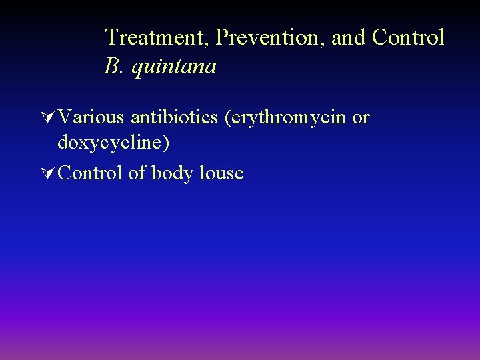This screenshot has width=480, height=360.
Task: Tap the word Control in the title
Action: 408,37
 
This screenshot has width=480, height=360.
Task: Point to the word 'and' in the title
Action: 349,37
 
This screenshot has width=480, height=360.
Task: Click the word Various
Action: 91,117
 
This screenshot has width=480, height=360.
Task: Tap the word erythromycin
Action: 289,119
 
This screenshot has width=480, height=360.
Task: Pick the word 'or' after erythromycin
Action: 361,119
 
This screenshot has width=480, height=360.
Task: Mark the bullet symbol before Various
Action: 47,118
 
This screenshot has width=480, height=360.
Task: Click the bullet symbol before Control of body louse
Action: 47,173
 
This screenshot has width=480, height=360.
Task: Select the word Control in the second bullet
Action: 91,173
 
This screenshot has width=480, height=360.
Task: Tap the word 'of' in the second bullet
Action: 137,173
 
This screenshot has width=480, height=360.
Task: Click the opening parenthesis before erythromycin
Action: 229,119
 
